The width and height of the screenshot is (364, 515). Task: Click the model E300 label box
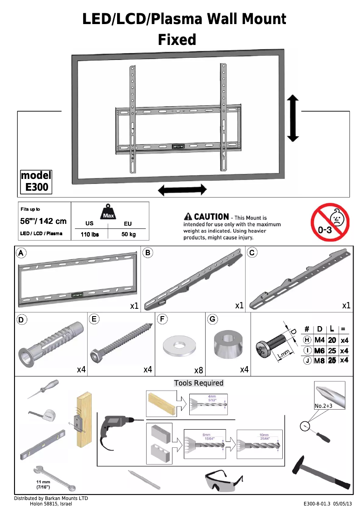point(36,181)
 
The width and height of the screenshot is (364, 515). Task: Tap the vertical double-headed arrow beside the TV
point(293,118)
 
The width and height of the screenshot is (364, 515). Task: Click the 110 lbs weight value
point(89,234)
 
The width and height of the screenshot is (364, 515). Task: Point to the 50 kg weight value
point(128,234)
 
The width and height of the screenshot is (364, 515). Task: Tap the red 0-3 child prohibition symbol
point(330,223)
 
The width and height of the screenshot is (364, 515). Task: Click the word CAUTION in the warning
point(211,217)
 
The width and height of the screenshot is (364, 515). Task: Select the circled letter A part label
point(21,253)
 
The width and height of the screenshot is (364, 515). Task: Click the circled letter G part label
point(212,319)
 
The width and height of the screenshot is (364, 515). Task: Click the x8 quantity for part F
point(198,370)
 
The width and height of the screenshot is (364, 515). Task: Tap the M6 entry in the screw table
point(320,351)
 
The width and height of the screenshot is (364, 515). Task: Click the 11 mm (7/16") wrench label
point(44,484)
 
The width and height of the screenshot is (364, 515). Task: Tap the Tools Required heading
point(199,383)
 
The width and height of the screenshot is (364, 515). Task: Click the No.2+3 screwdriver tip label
point(324,406)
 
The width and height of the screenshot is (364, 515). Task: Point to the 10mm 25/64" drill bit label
point(264,436)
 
